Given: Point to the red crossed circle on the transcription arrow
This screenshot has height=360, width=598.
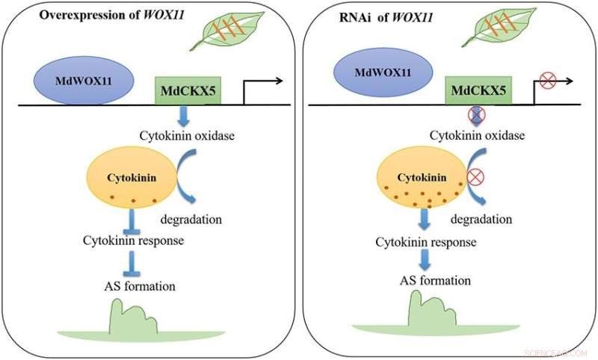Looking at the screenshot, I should tap(547, 80).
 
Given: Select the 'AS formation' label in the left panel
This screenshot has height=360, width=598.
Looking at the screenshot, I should tap(141, 286).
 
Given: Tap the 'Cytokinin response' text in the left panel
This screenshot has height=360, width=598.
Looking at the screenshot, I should tap(133, 240).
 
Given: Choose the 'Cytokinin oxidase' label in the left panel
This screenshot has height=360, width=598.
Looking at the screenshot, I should tap(185, 135).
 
